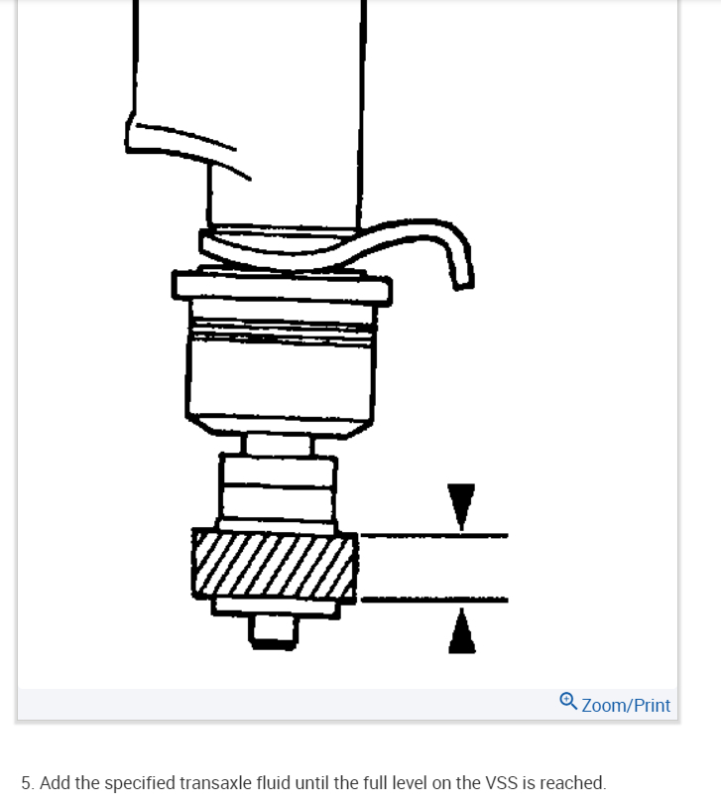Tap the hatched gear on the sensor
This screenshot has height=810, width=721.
275,566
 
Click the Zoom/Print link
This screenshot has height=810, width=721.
626,706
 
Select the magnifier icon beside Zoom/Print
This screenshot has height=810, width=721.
567,702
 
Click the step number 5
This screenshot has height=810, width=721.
26,783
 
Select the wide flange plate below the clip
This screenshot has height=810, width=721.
282,287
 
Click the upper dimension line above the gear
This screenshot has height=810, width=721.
433,536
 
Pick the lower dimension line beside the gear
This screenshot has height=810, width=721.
433,600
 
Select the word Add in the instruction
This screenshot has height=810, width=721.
55,783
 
